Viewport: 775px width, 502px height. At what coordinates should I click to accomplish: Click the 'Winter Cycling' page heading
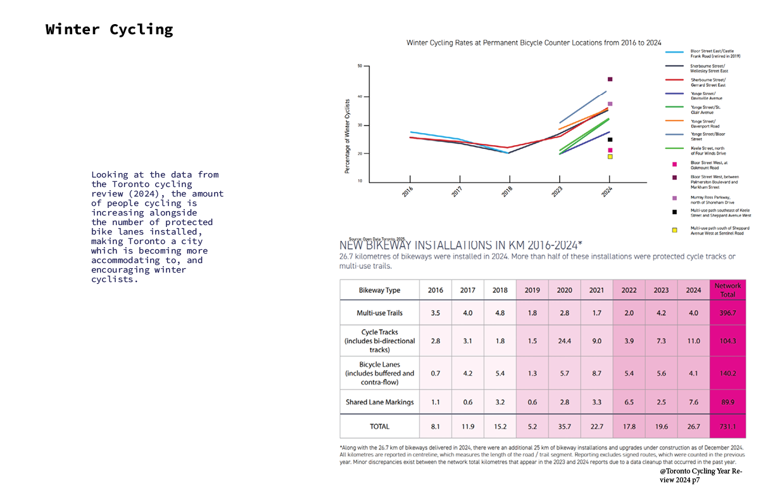coord(109,29)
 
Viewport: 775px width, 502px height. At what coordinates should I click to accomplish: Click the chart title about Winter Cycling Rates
coord(534,42)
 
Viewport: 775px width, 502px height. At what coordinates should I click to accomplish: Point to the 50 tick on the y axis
coord(360,66)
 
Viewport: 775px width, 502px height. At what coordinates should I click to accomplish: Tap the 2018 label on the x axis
coord(508,191)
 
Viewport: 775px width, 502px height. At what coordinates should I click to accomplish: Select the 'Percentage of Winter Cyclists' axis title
coord(347,136)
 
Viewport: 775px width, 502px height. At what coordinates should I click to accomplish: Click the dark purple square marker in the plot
coord(610,79)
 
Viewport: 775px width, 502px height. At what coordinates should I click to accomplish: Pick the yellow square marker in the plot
coord(610,157)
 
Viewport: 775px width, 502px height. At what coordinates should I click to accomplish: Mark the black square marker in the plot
coord(610,139)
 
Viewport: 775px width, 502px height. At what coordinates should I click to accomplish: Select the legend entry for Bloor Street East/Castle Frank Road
coord(715,53)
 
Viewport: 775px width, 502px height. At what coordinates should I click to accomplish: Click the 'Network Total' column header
coord(728,290)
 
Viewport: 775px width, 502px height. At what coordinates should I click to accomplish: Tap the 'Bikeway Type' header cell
coord(380,290)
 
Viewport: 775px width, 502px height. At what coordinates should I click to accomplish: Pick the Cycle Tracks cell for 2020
coord(564,340)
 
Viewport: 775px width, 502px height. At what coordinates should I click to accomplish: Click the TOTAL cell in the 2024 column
coord(693,427)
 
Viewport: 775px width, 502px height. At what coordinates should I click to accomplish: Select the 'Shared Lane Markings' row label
coord(380,402)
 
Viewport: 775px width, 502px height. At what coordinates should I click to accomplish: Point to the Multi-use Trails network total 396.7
coord(728,313)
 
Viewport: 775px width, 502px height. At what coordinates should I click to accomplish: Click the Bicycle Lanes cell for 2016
coord(436,373)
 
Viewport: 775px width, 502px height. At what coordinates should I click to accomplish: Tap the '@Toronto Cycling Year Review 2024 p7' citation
coord(700,476)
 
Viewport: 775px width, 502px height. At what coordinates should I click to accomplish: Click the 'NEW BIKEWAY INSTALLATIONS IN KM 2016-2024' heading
coord(461,245)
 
